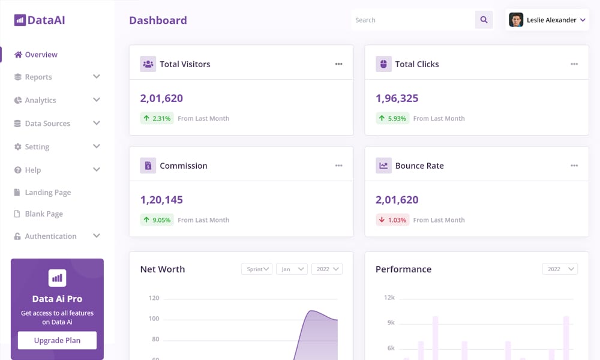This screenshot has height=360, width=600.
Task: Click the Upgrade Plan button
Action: [57, 340]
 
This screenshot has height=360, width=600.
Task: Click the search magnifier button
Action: [484, 20]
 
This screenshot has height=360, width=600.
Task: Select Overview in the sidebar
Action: [41, 55]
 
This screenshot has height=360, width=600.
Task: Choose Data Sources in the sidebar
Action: [47, 124]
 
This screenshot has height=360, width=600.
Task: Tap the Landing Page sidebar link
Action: [47, 193]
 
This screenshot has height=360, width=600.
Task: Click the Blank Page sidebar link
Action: [43, 214]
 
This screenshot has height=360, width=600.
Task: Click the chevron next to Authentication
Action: [97, 236]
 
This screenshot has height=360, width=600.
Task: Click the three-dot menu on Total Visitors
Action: [339, 64]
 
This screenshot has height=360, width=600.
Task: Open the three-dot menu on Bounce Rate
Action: [574, 166]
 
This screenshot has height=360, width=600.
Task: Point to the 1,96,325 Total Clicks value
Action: [397, 98]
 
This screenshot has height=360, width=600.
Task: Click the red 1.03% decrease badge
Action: [392, 220]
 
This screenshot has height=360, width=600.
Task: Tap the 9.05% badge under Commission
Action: [157, 220]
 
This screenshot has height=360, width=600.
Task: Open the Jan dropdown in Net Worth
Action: [292, 269]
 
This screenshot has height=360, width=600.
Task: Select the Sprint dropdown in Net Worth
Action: [257, 269]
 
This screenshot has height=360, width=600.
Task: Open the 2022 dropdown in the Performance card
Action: [560, 269]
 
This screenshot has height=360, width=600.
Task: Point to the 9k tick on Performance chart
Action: [390, 323]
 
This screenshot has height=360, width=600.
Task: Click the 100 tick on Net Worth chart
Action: [154, 319]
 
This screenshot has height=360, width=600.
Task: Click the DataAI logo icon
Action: [20, 20]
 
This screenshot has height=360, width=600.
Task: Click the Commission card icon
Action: [148, 166]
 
